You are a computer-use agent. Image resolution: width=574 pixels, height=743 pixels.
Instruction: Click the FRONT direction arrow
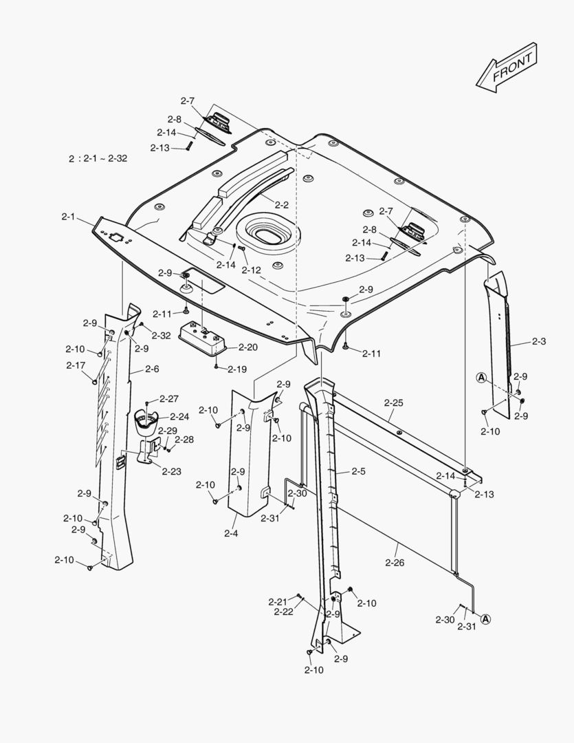pyautogui.click(x=506, y=68)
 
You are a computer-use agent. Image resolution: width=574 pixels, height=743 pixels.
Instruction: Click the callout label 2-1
pyautogui.click(x=68, y=217)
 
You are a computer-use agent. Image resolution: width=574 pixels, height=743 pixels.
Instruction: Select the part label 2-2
pyautogui.click(x=281, y=204)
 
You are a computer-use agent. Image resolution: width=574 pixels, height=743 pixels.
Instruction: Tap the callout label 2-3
pyautogui.click(x=538, y=341)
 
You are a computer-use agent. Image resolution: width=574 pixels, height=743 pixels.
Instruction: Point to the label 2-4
pyautogui.click(x=231, y=532)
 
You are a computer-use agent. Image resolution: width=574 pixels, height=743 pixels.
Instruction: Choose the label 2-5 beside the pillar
pyautogui.click(x=358, y=472)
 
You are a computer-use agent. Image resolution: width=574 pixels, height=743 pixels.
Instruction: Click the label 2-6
pyautogui.click(x=152, y=369)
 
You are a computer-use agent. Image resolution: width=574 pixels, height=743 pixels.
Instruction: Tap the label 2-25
pyautogui.click(x=394, y=401)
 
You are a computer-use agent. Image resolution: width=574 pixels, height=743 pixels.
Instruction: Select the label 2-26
pyautogui.click(x=395, y=563)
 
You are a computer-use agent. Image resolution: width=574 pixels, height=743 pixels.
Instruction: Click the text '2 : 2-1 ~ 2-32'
pyautogui.click(x=98, y=158)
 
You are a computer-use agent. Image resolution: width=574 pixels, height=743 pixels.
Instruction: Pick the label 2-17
pyautogui.click(x=76, y=365)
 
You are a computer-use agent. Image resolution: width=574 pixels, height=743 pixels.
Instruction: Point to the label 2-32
pyautogui.click(x=162, y=335)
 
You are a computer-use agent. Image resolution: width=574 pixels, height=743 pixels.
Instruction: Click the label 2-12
pyautogui.click(x=251, y=270)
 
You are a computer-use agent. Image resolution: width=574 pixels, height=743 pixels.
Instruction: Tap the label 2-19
pyautogui.click(x=237, y=369)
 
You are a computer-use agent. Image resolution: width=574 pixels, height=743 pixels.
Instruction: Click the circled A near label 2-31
pyautogui.click(x=485, y=619)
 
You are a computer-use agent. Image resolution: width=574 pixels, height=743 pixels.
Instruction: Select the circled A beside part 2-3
pyautogui.click(x=481, y=377)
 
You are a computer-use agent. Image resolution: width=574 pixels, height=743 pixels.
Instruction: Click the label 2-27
pyautogui.click(x=169, y=399)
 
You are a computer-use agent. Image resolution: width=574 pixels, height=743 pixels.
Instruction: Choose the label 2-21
pyautogui.click(x=278, y=602)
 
